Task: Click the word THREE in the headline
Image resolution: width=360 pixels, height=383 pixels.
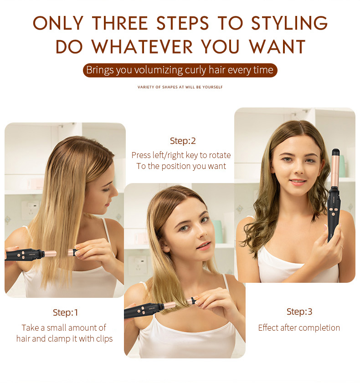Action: (x=120, y=23)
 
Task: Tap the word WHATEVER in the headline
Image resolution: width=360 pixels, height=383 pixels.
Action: (x=142, y=46)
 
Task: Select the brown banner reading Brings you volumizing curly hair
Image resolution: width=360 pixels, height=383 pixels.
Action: (x=180, y=70)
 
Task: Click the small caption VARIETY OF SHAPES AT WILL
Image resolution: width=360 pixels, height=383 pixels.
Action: (x=180, y=87)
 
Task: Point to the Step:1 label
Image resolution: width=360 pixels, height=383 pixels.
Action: (x=65, y=312)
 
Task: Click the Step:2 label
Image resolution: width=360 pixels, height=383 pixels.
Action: (x=183, y=141)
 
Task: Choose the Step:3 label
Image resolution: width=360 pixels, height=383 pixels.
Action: (x=299, y=312)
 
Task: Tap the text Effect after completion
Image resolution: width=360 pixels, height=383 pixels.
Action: (x=299, y=327)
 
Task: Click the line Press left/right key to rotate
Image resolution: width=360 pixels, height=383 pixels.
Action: (x=181, y=155)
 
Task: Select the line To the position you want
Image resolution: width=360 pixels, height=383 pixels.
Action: (x=181, y=166)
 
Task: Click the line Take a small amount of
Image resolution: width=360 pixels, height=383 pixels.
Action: (x=64, y=328)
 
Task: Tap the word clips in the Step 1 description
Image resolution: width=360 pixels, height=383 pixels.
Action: (x=104, y=339)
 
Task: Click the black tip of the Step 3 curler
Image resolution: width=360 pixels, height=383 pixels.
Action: (x=336, y=152)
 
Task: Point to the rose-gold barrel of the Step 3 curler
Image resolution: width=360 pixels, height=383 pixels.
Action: (x=335, y=171)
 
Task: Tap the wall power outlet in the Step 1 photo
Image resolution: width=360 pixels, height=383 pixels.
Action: (x=30, y=209)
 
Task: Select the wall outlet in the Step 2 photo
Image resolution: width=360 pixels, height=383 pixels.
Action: (x=138, y=265)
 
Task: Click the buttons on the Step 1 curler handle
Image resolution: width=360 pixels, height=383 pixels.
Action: (x=21, y=255)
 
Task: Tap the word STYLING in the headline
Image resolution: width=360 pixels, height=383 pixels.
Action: (x=289, y=23)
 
